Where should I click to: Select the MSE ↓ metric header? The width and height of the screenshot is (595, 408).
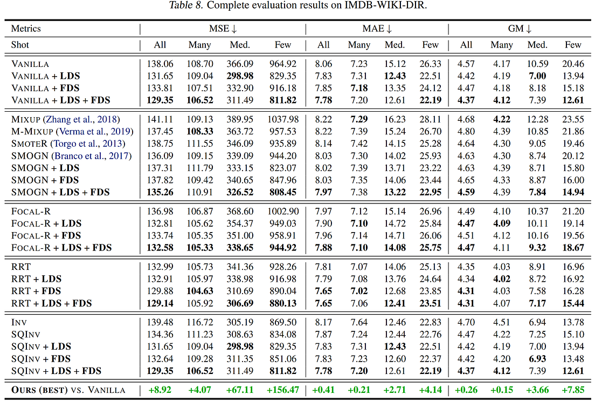pyautogui.click(x=223, y=29)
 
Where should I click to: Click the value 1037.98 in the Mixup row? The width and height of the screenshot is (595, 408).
pyautogui.click(x=282, y=119)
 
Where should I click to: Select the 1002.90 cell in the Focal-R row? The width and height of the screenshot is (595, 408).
pyautogui.click(x=282, y=212)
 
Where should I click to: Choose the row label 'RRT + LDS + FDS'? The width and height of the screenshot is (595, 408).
pyautogui.click(x=52, y=303)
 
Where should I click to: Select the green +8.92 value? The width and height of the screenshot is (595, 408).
pyautogui.click(x=160, y=390)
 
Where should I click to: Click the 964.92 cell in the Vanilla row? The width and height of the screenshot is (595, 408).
pyautogui.click(x=282, y=64)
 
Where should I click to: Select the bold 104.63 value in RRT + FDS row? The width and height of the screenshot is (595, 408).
pyautogui.click(x=199, y=291)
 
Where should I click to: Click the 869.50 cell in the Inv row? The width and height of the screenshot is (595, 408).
pyautogui.click(x=282, y=322)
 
